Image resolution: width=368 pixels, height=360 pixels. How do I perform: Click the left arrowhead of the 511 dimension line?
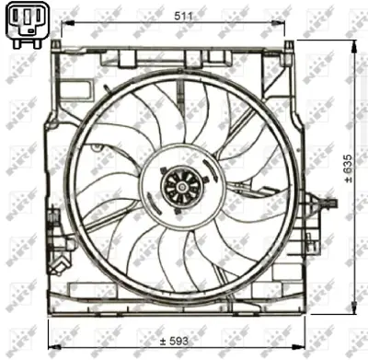(65, 25)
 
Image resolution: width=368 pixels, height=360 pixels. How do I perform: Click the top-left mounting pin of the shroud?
(63, 45)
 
